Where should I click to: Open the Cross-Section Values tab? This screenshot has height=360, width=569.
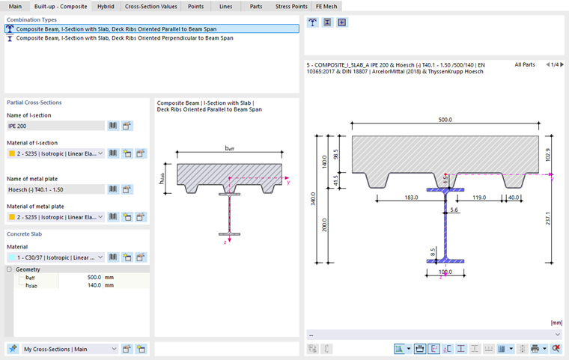151,6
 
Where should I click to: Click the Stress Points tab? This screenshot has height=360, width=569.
291,6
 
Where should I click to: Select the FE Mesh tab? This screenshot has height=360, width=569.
326,6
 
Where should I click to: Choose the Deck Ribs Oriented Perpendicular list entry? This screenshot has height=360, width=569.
124,38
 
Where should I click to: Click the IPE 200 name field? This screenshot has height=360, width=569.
55,126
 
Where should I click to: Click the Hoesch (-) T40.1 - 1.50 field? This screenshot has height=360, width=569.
55,189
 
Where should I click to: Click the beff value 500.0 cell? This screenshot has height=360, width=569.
94,277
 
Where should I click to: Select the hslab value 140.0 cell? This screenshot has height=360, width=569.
94,285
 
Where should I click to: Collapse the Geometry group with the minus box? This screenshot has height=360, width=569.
9,269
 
